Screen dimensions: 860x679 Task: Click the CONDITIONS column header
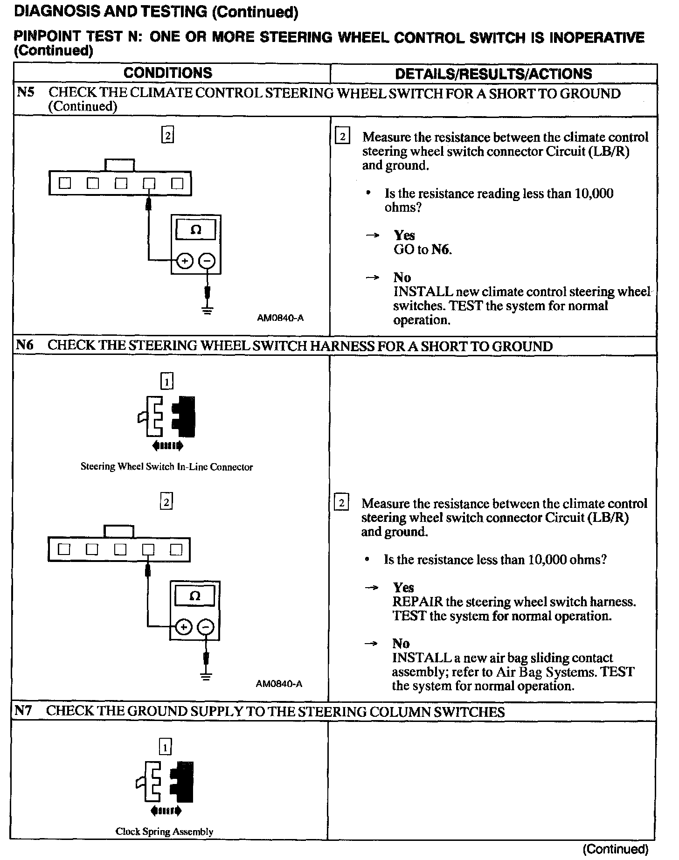pyautogui.click(x=168, y=73)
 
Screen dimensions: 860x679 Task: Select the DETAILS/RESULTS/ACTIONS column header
pyautogui.click(x=493, y=74)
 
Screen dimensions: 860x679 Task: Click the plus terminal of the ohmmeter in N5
pyautogui.click(x=185, y=261)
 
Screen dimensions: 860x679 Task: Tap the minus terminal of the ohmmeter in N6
pyautogui.click(x=206, y=627)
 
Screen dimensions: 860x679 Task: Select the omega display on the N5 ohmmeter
pyautogui.click(x=196, y=229)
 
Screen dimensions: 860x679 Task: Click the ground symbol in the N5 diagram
pyautogui.click(x=208, y=310)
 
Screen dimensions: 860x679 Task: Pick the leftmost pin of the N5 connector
pyautogui.click(x=64, y=183)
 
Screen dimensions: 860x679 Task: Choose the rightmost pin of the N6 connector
pyautogui.click(x=176, y=550)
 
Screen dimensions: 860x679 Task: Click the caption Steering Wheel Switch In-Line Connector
pyautogui.click(x=166, y=467)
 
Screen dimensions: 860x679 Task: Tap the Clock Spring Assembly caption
pyautogui.click(x=164, y=831)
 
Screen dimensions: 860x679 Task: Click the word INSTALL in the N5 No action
pyautogui.click(x=423, y=292)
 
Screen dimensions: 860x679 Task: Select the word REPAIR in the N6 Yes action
pyautogui.click(x=417, y=602)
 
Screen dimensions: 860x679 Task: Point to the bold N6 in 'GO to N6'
pyautogui.click(x=441, y=250)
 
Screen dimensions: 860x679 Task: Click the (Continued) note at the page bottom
pyautogui.click(x=616, y=849)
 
